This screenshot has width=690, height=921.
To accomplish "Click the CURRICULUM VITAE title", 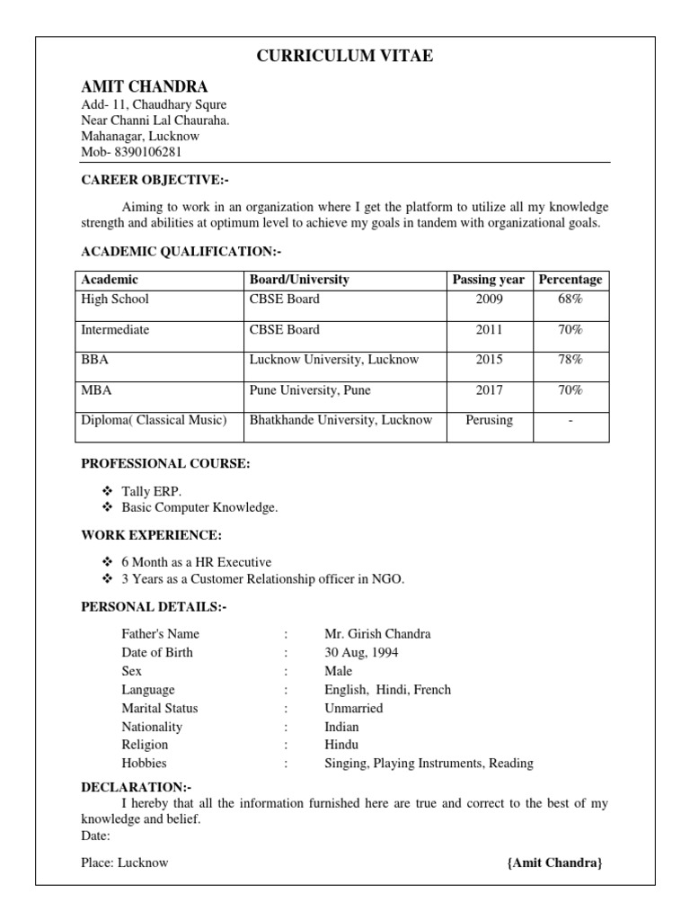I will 345,57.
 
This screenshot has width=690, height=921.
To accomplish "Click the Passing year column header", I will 489,280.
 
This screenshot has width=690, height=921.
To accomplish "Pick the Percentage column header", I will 571,280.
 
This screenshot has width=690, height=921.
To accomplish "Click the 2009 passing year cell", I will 490,300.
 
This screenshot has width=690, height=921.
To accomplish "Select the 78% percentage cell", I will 571,360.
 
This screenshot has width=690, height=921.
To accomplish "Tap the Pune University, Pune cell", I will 310,390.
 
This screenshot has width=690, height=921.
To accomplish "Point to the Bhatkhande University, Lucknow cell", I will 341,420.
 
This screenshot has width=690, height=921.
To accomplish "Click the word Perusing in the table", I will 490,420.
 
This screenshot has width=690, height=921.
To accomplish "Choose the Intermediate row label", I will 115,330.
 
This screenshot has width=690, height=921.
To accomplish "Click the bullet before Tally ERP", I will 107,491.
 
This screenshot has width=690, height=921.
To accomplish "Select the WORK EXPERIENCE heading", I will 151,535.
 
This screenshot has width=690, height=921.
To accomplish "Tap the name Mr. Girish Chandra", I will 377,634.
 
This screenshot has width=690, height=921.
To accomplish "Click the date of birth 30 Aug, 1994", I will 361,653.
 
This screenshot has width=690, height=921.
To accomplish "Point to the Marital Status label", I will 160,709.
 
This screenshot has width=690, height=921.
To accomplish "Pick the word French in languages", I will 432,690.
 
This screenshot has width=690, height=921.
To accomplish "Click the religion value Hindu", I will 341,745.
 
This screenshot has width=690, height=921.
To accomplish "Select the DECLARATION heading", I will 136,787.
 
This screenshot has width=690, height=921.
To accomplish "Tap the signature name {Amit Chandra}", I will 554,863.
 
